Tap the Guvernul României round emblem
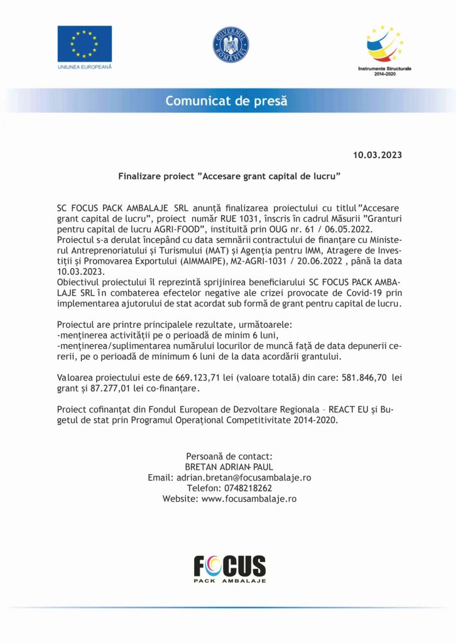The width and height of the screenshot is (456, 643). tap(231, 45)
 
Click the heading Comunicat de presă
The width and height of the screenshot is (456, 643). tap(226, 100)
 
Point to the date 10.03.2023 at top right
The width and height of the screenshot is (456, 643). tap(377, 154)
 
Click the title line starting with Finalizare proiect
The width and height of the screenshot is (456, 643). tap(229, 177)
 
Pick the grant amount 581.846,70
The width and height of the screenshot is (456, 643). tap(366, 377)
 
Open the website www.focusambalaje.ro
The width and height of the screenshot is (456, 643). tap(248, 499)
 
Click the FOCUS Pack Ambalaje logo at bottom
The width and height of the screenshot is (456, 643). tap(229, 568)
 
